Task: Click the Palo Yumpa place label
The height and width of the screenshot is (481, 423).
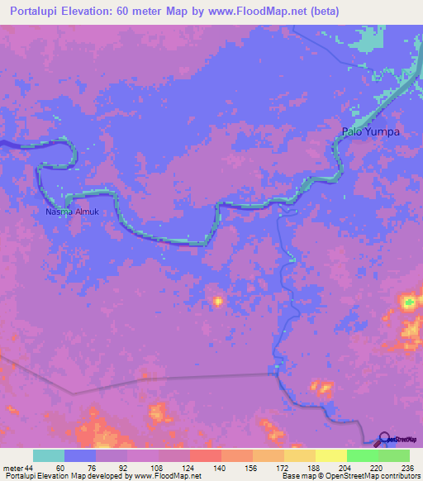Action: (x=371, y=131)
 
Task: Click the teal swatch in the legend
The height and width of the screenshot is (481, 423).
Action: (x=49, y=455)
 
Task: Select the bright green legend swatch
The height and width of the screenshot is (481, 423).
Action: (x=362, y=455)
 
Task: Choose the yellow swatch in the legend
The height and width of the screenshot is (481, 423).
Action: (x=330, y=455)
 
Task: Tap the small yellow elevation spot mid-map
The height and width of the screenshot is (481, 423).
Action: (x=218, y=302)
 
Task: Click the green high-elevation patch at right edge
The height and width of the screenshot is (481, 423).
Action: (x=409, y=303)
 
